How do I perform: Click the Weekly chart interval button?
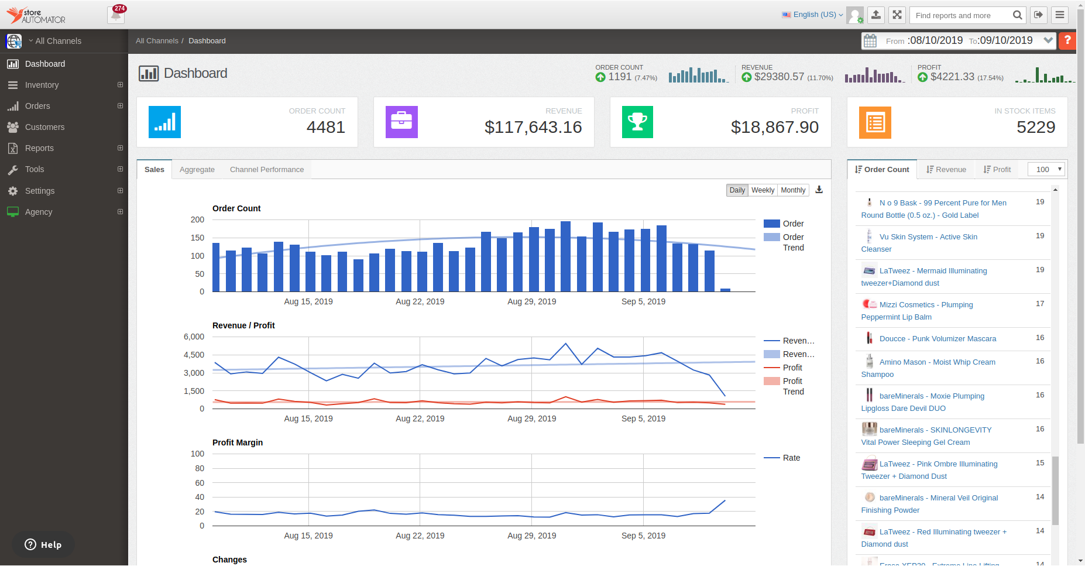point(763,190)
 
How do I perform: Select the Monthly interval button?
point(793,190)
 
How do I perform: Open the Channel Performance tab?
point(267,170)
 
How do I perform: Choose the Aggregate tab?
point(197,170)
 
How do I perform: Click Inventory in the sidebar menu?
point(42,85)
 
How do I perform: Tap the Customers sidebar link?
point(44,127)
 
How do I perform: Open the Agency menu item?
point(39,212)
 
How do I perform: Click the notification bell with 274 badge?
point(116,15)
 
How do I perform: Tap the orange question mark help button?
point(1067,40)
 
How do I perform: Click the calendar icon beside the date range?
point(870,41)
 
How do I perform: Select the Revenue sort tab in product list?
point(946,170)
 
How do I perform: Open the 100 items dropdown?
point(1047,170)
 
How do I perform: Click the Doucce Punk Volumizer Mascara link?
point(938,339)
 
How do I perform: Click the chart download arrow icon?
point(819,190)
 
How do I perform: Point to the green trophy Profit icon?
point(637,122)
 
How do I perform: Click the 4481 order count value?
point(326,127)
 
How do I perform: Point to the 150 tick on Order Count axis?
point(197,238)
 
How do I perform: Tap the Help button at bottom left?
point(43,545)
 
